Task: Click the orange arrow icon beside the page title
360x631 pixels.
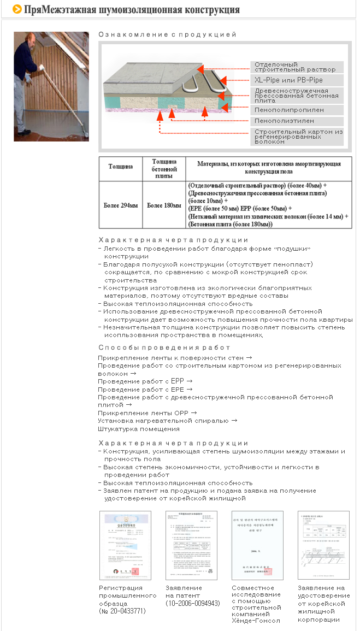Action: click(17, 9)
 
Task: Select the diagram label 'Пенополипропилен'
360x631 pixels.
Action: click(289, 110)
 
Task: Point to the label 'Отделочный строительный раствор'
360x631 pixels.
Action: click(295, 67)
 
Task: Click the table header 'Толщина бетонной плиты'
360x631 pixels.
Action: click(164, 168)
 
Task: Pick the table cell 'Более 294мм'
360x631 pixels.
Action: click(121, 205)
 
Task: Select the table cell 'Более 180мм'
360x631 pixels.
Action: click(164, 205)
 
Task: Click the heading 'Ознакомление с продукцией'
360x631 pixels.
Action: click(167, 34)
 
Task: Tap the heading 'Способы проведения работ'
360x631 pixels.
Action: click(164, 347)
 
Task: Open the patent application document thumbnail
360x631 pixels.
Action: click(191, 545)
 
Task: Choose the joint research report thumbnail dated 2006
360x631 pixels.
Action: click(258, 545)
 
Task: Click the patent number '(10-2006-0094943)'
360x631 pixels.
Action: click(193, 603)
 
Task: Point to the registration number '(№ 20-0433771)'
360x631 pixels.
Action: click(122, 611)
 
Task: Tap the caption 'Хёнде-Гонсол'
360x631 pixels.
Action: click(256, 621)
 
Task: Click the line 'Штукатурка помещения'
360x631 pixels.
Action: click(139, 429)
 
